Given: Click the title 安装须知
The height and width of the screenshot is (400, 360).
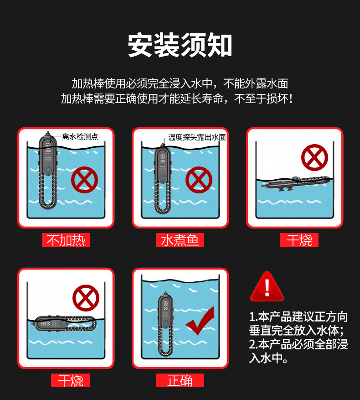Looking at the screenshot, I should pyautogui.click(x=180, y=45).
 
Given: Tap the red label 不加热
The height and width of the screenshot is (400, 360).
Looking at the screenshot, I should pyautogui.click(x=66, y=240).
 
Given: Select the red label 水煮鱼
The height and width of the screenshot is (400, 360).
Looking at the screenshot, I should pyautogui.click(x=180, y=240).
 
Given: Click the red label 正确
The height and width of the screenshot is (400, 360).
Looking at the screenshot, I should pyautogui.click(x=180, y=380).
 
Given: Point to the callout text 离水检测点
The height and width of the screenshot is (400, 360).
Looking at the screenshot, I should pyautogui.click(x=80, y=136).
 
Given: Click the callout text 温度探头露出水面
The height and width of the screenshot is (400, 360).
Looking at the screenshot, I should pyautogui.click(x=197, y=137).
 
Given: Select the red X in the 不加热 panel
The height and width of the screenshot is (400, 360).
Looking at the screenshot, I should pyautogui.click(x=84, y=179).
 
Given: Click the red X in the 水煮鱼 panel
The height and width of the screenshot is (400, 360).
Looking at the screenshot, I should pyautogui.click(x=199, y=179).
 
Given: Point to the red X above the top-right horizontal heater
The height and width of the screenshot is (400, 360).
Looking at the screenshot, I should pyautogui.click(x=314, y=158).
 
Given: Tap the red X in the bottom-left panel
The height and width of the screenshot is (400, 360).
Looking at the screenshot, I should pyautogui.click(x=86, y=297).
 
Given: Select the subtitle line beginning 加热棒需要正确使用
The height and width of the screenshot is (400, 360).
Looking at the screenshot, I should pyautogui.click(x=176, y=99).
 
